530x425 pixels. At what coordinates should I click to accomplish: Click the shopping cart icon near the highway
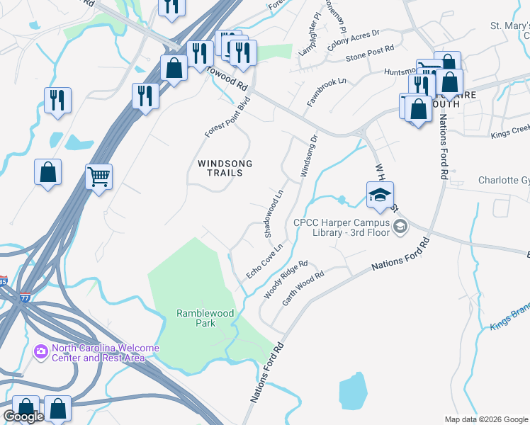[x=98, y=176]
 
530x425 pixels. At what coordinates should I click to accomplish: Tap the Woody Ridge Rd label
[x=285, y=279]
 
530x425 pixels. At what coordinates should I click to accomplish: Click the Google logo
[x=23, y=416]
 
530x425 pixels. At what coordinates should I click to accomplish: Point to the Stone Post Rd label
[x=368, y=57]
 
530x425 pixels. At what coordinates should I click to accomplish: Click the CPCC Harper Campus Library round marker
[x=400, y=227]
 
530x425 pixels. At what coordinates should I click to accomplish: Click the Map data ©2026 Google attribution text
[x=486, y=419]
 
